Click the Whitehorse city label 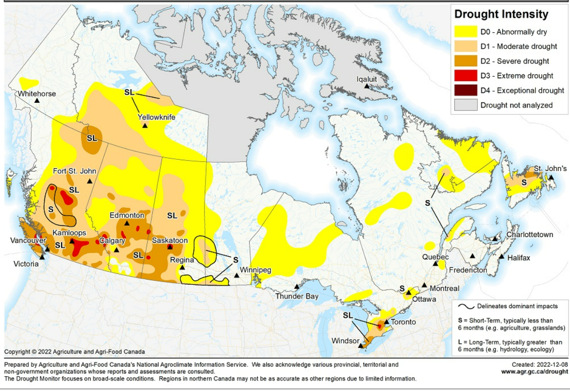37,94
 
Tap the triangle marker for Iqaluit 367,86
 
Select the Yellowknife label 157,117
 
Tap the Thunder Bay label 297,296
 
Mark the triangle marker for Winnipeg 237,275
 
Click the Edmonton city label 127,215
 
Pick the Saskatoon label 170,240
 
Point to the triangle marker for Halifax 502,256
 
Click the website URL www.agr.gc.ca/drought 534,372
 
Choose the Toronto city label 404,322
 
